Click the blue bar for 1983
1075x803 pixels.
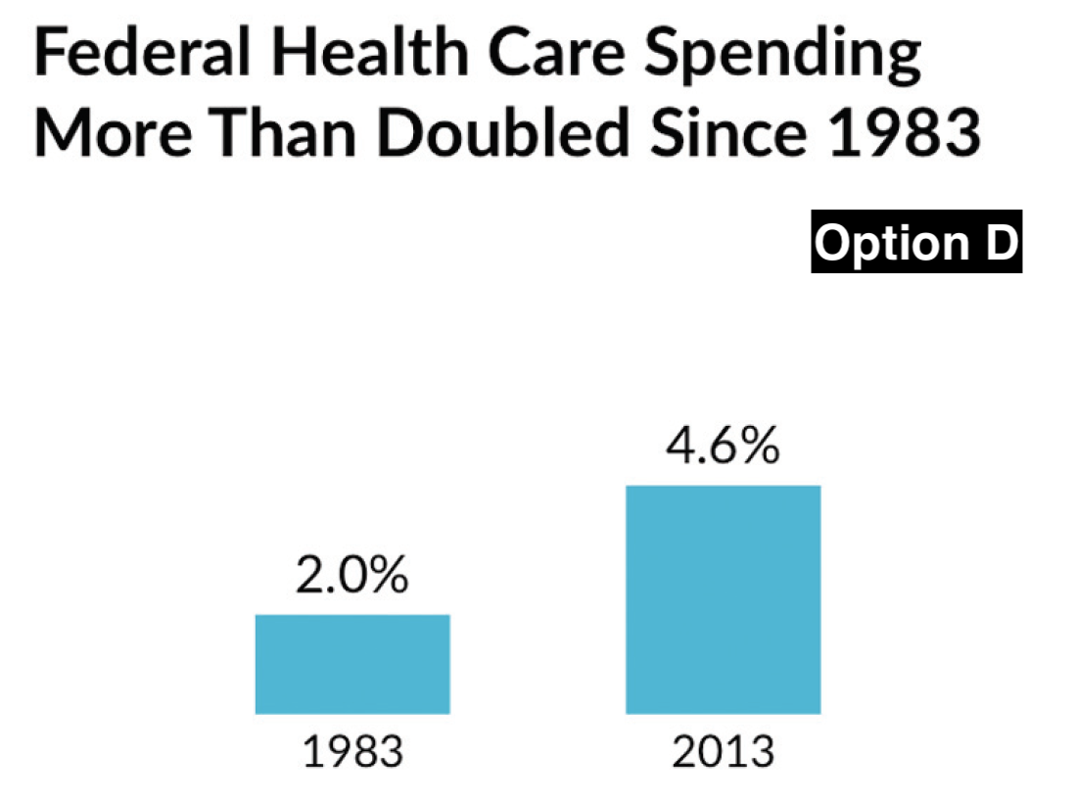point(352,664)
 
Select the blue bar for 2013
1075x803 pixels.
point(723,599)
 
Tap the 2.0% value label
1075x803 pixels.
point(351,578)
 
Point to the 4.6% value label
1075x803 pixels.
point(723,449)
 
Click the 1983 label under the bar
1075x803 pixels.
point(352,753)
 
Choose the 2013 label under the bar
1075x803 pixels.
point(723,753)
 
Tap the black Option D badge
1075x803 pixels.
point(916,242)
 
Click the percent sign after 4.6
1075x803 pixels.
point(758,449)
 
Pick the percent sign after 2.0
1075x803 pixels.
point(387,578)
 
